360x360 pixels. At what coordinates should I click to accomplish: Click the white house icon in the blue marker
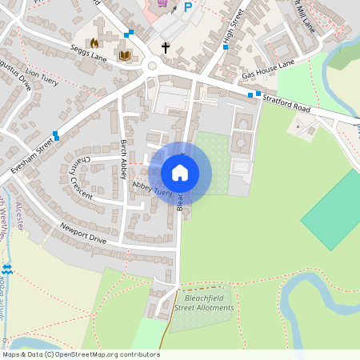[x=180, y=173]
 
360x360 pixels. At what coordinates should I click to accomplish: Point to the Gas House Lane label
[x=269, y=68]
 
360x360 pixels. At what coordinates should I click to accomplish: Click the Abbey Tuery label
[x=152, y=189]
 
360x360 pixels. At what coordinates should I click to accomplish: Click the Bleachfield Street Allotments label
[x=204, y=302]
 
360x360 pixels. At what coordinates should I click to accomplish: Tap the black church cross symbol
[x=166, y=48]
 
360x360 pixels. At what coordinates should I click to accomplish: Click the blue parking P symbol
[x=189, y=7]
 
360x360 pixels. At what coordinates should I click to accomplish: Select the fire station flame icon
[x=94, y=42]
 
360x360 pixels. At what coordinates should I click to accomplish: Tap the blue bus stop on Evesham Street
[x=55, y=135]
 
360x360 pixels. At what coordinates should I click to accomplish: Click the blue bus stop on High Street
[x=226, y=47]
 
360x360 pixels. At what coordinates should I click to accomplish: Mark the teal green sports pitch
[x=332, y=210]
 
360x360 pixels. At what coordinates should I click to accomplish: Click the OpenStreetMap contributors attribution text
[x=80, y=354]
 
